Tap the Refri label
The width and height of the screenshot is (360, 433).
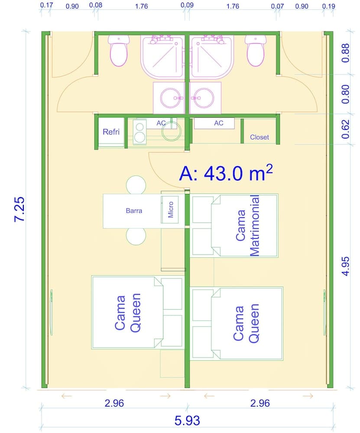pos(111,132)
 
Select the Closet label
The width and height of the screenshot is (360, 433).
pos(259,137)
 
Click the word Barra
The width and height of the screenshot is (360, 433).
pos(134,211)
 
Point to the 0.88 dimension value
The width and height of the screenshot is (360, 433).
pos(345,53)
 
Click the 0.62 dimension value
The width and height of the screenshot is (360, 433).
pos(345,129)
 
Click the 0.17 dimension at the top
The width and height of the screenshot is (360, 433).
pos(46,6)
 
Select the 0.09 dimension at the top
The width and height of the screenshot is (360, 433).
pos(187,6)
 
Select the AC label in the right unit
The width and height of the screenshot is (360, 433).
pos(218,123)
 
